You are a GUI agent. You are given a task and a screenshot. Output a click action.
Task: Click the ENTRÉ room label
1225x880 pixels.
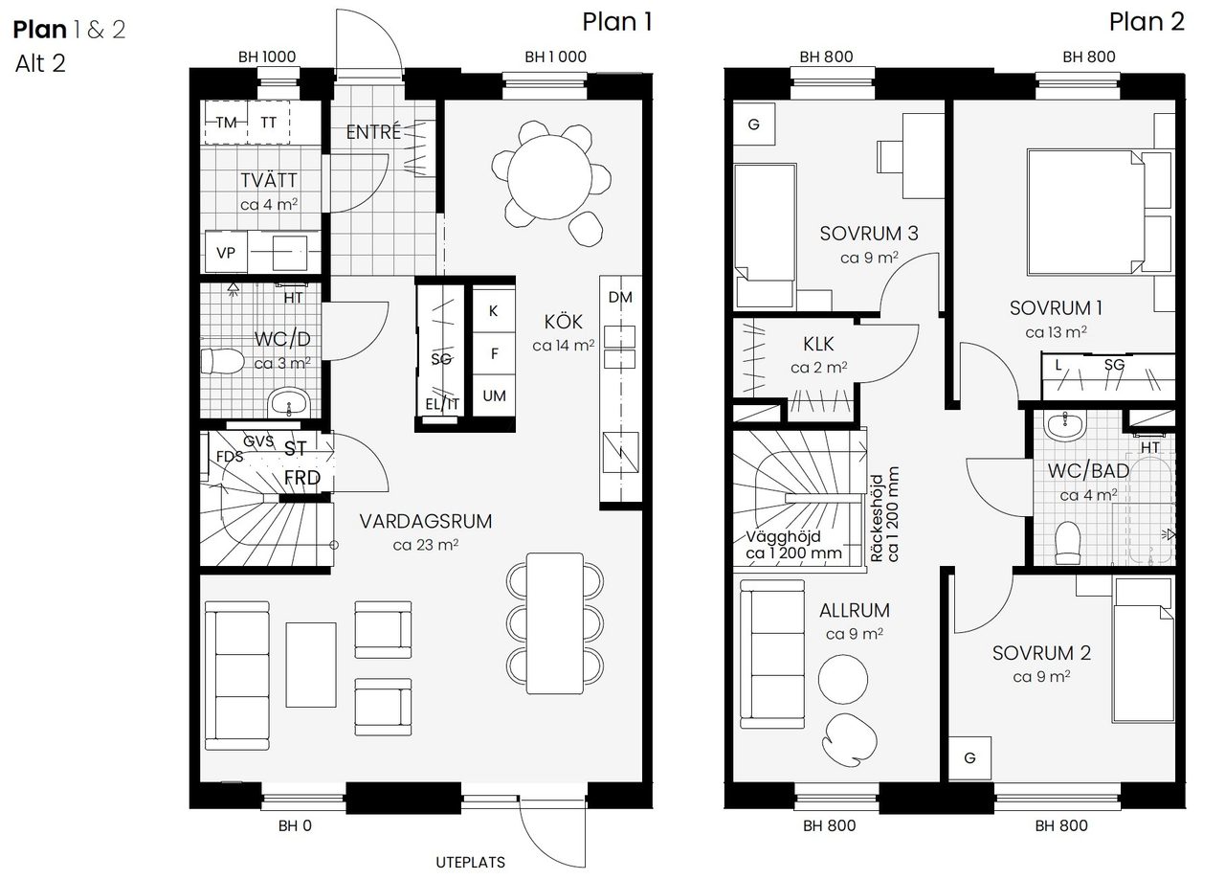[373, 132]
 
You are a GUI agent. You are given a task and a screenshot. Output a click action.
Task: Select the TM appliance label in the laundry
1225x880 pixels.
[226, 123]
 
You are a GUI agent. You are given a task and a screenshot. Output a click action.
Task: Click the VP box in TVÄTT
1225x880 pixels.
[226, 254]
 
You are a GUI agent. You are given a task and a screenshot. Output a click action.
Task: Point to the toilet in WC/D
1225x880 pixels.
[219, 362]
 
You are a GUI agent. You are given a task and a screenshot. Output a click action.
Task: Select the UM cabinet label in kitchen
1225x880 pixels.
[494, 395]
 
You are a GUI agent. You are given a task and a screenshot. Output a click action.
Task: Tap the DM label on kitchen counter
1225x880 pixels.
[620, 297]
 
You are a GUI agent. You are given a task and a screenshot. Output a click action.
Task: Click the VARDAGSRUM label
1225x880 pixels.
[426, 522]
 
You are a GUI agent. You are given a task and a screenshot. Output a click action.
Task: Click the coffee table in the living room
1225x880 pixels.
[311, 659]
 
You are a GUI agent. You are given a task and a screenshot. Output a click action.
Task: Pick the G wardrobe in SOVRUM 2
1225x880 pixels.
[969, 758]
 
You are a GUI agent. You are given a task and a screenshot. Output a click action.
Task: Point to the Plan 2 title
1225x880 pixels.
[1146, 22]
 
